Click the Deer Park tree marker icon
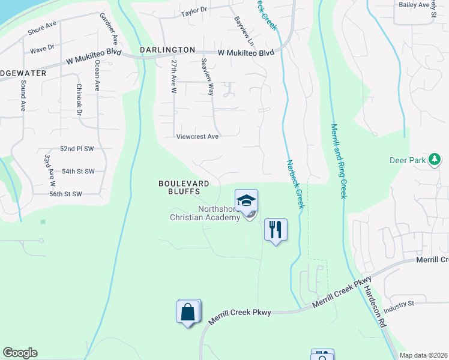pos(434,160)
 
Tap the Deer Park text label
pos(407,160)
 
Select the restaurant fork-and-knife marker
pos(276,229)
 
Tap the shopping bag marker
pos(188,312)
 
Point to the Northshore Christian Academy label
pos(205,214)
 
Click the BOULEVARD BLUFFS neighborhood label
pos(184,188)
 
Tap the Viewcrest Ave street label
pos(197,137)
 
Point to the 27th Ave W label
pos(173,76)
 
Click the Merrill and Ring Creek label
pos(339,161)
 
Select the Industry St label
pos(399,304)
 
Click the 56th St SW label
pos(65,194)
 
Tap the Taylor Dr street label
pos(194,10)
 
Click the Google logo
pos(20,353)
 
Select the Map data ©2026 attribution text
pos(423,355)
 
